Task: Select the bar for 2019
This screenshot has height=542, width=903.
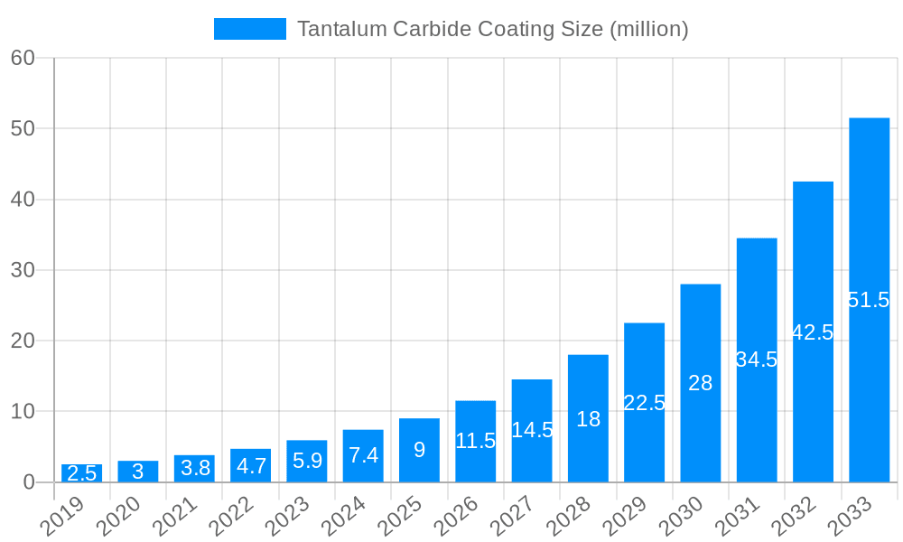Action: (x=81, y=473)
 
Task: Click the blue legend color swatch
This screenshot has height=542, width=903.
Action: (x=249, y=29)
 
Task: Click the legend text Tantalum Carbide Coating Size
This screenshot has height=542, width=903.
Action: (x=492, y=29)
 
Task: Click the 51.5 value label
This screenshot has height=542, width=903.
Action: (x=869, y=300)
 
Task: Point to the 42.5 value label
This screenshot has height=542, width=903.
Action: (x=813, y=332)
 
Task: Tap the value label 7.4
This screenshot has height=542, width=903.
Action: (x=363, y=455)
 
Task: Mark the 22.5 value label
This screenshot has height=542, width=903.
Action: (x=644, y=403)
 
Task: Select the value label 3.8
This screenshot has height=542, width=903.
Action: (x=194, y=468)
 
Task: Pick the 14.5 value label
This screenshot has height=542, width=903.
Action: (x=532, y=430)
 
